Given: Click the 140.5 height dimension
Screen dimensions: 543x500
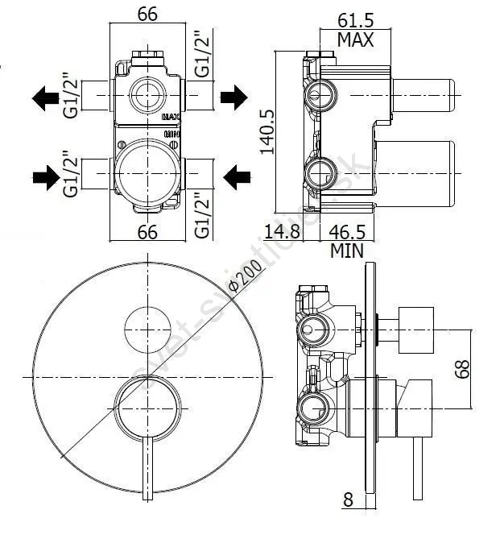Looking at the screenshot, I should tap(268, 131).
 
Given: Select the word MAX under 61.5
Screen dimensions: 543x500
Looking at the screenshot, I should tap(355, 39).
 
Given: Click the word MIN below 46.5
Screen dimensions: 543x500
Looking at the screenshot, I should tap(347, 251).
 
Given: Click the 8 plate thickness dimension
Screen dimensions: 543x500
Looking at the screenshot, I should tap(348, 499).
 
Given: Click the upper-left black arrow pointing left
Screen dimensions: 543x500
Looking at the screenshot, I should tap(45, 97).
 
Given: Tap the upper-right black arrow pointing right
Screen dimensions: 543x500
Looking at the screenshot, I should tap(233, 97).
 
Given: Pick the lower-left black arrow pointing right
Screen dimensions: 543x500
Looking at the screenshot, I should tap(45, 174).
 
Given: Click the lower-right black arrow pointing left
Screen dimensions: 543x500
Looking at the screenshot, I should tap(235, 174).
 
